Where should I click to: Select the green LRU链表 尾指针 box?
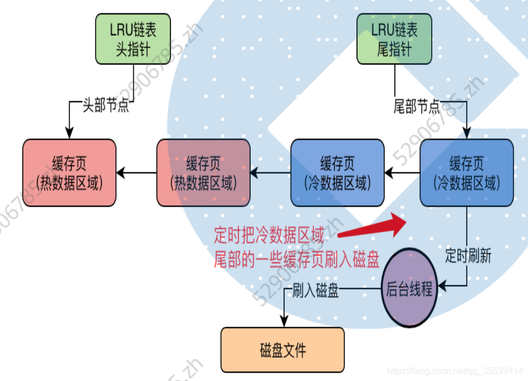click(394, 38)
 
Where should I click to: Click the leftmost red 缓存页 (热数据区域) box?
click(69, 173)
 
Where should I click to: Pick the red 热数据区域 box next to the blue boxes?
click(203, 173)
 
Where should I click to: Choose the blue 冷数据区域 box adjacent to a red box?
click(337, 173)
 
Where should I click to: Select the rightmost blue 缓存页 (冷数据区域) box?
click(466, 173)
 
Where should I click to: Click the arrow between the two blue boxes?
click(402, 173)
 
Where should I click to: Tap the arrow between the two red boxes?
click(136, 173)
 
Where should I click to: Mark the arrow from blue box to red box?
click(270, 173)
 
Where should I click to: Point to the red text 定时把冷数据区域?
click(268, 235)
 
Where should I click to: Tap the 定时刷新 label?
click(468, 256)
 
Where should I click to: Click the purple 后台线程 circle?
click(409, 288)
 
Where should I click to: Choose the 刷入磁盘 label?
click(315, 290)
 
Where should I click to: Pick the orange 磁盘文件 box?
click(282, 350)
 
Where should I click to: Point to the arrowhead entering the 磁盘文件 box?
click(284, 322)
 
